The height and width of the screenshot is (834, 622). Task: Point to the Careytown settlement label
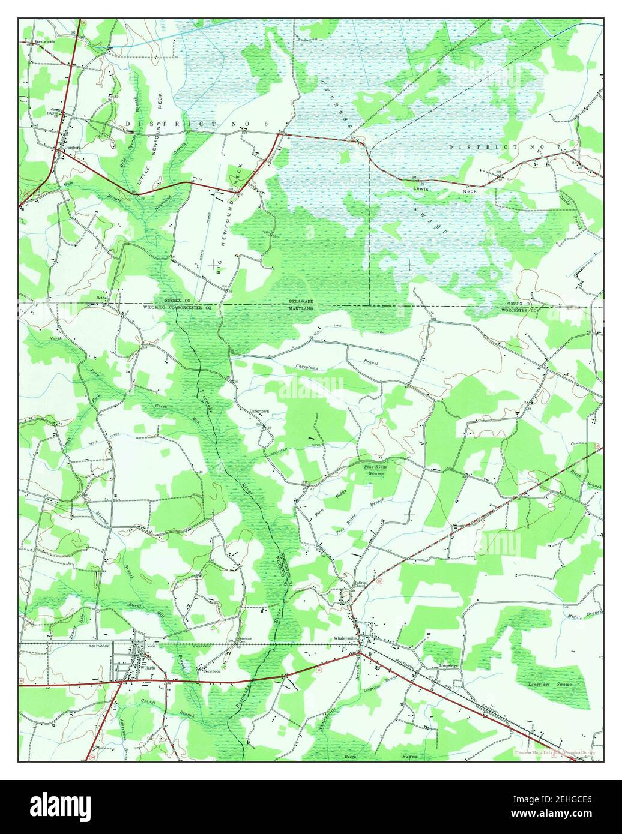coord(259,411)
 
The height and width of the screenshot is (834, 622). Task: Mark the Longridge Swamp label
coord(549,684)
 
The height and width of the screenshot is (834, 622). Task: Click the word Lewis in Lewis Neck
coord(423,188)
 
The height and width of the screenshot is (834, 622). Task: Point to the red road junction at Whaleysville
coord(359,652)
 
